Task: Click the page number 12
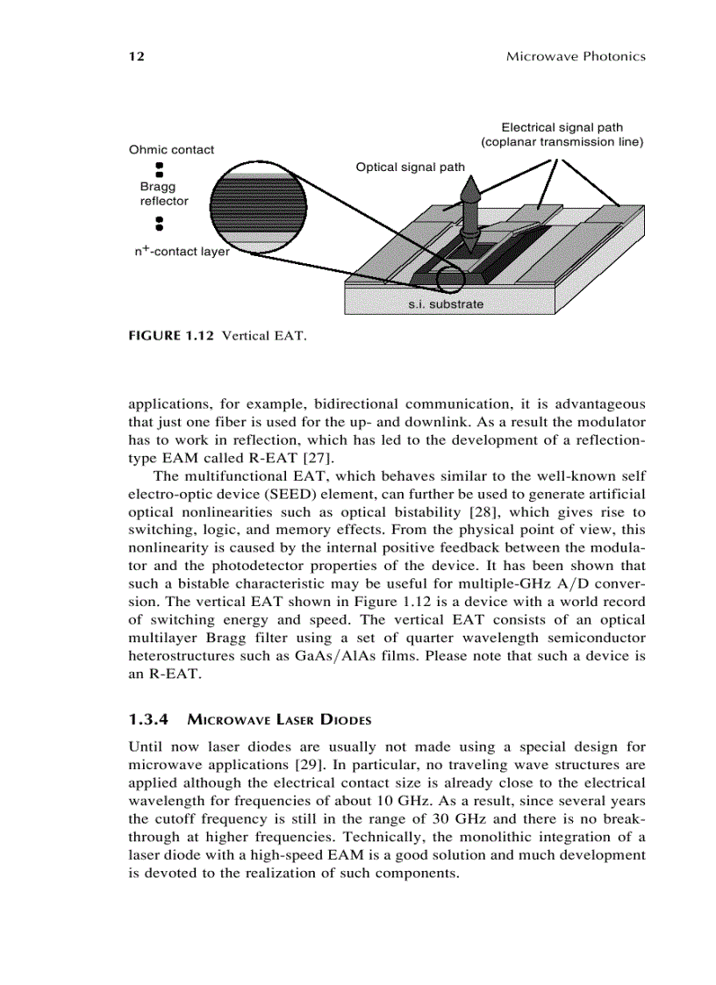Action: click(x=135, y=56)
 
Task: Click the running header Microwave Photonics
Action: click(x=576, y=56)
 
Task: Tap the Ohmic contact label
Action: click(x=171, y=149)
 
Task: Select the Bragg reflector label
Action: click(x=163, y=194)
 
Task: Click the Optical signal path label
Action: click(x=411, y=167)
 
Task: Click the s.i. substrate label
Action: click(x=446, y=304)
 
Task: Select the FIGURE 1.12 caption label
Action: click(x=174, y=335)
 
